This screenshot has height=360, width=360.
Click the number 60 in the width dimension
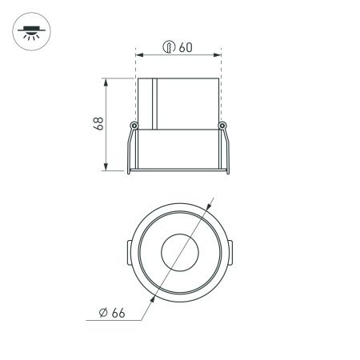(185, 47)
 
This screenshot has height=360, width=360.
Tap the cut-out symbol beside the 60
(169, 47)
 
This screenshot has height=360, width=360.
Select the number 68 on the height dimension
(98, 124)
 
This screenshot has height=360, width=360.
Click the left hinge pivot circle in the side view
(134, 126)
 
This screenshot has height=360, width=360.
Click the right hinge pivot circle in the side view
(225, 126)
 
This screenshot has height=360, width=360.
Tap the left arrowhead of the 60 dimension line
(139, 55)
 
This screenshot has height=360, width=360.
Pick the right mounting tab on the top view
(230, 252)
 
